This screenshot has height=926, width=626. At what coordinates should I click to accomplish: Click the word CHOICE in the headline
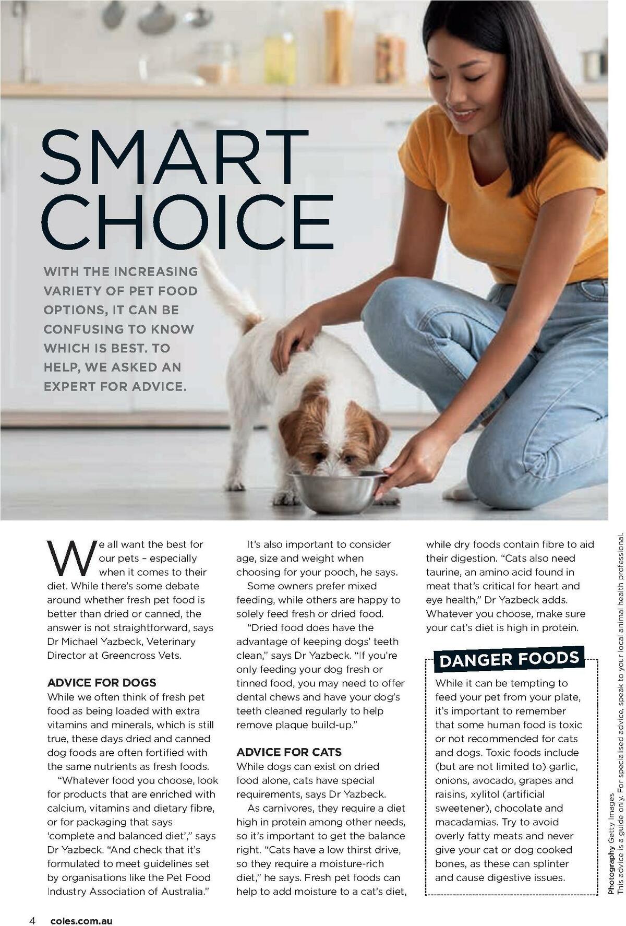(187, 222)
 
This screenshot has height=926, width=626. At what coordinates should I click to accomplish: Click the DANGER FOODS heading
(509, 659)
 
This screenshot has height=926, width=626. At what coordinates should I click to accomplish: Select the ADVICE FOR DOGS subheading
(102, 682)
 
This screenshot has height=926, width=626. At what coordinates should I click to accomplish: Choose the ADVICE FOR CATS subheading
(289, 752)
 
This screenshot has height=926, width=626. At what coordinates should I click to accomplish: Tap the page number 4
(32, 906)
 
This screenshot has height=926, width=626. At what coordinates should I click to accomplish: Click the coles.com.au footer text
(81, 907)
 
